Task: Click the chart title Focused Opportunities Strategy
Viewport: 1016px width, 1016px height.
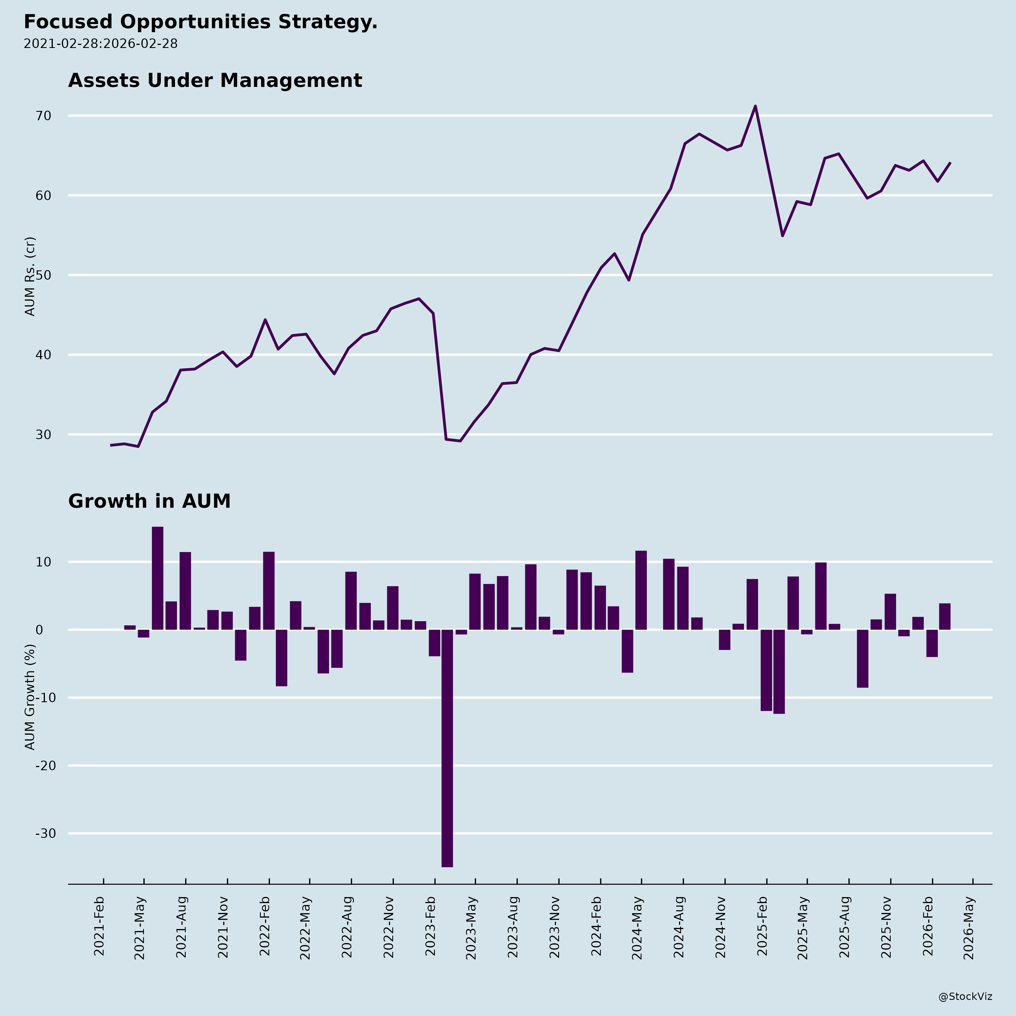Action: pyautogui.click(x=200, y=22)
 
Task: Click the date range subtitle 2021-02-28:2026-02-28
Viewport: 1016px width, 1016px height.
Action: pyautogui.click(x=100, y=44)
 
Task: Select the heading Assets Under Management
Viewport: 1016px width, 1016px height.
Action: pyautogui.click(x=215, y=80)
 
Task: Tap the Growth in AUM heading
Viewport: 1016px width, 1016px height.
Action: pyautogui.click(x=149, y=501)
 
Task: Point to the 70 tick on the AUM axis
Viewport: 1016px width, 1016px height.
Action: pyautogui.click(x=44, y=116)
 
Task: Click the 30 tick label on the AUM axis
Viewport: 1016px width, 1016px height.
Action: pyautogui.click(x=44, y=434)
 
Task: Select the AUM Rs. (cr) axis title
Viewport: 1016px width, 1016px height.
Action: pyautogui.click(x=30, y=276)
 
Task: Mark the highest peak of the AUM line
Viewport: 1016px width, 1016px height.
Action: pyautogui.click(x=755, y=106)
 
